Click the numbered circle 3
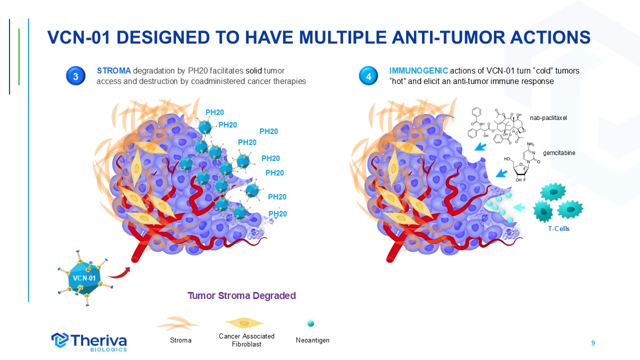[75, 76]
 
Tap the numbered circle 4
[368, 76]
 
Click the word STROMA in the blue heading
[113, 71]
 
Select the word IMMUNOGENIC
[418, 71]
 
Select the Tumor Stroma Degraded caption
[241, 295]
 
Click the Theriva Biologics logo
[89, 341]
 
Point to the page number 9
[593, 343]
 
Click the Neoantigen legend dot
[310, 323]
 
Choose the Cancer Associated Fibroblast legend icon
[245, 324]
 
